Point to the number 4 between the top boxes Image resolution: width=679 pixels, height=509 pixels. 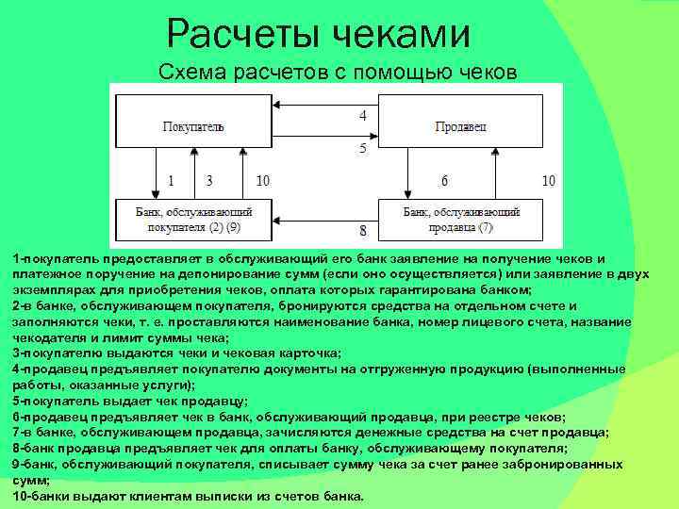click(x=362, y=115)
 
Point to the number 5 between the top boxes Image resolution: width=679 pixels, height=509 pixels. click(x=362, y=148)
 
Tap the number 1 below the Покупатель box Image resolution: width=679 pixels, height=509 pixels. click(x=171, y=180)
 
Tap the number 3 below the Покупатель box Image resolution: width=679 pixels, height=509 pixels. click(x=208, y=180)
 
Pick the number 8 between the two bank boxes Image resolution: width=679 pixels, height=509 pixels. click(x=362, y=230)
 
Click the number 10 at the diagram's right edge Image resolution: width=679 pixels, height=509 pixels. click(x=548, y=180)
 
